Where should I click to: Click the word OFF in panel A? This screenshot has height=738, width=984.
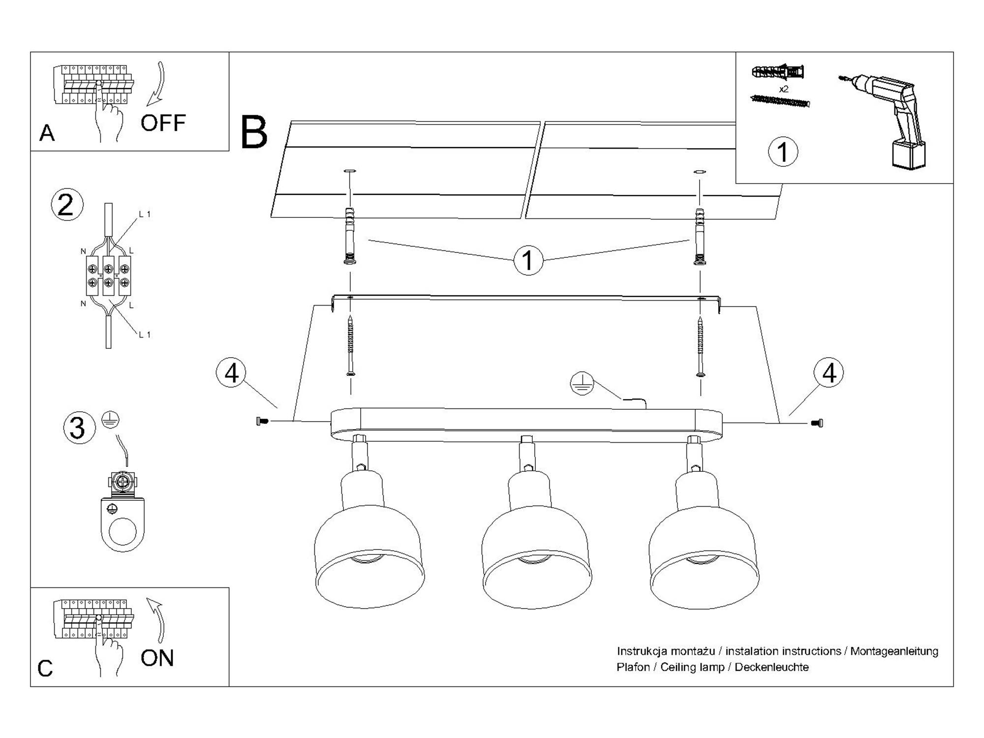pyautogui.click(x=163, y=123)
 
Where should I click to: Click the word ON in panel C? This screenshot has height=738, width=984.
pyautogui.click(x=157, y=658)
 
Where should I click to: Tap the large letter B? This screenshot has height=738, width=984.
pyautogui.click(x=254, y=133)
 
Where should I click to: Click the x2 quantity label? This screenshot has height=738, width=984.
pyautogui.click(x=784, y=89)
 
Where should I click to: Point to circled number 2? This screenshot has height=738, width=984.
pyautogui.click(x=67, y=205)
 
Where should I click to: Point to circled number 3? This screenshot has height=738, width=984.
pyautogui.click(x=78, y=427)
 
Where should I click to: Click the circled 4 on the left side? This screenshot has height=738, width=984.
pyautogui.click(x=231, y=372)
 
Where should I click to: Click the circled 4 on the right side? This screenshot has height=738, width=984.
pyautogui.click(x=829, y=372)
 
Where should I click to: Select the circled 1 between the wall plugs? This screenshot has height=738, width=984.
pyautogui.click(x=528, y=260)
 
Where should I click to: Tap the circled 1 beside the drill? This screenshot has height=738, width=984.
pyautogui.click(x=783, y=152)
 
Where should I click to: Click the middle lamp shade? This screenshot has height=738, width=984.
pyautogui.click(x=537, y=556)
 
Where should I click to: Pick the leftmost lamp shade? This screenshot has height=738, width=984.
pyautogui.click(x=369, y=556)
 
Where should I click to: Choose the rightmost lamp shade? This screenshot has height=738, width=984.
pyautogui.click(x=704, y=556)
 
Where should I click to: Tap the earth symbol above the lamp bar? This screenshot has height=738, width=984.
pyautogui.click(x=582, y=384)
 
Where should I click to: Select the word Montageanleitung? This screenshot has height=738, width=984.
pyautogui.click(x=894, y=651)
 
